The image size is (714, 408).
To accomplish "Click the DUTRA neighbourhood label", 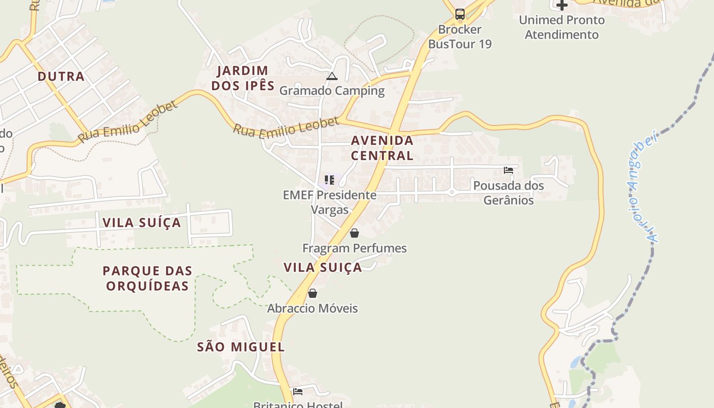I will (x=61, y=76).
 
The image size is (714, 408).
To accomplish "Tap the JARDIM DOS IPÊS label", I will (x=243, y=78).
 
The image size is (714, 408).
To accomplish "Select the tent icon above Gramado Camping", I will (x=332, y=76).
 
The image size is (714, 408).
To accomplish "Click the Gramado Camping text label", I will (x=332, y=91).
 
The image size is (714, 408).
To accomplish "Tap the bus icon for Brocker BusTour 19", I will (x=460, y=14).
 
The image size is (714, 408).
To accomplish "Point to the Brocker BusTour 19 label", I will (x=460, y=37).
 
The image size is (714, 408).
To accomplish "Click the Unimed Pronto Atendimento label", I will (x=562, y=28).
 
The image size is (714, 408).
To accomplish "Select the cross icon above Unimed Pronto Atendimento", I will (x=562, y=6).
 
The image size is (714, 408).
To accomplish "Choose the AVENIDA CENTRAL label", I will (x=382, y=148).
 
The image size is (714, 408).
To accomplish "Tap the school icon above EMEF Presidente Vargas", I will (x=330, y=180).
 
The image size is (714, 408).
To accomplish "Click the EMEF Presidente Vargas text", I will (x=330, y=202).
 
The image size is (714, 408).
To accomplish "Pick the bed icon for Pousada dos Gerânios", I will (x=508, y=170).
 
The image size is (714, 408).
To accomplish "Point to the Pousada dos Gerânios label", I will (x=508, y=193).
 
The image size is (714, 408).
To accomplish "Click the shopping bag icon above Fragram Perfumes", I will (x=354, y=233).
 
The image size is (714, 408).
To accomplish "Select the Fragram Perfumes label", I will (x=354, y=248).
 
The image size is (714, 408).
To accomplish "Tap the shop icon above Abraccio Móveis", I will (x=313, y=293).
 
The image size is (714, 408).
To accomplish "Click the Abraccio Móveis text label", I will (x=313, y=309).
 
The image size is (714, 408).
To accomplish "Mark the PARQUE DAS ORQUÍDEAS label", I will (x=147, y=278).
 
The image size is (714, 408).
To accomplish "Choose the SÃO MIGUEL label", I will (x=241, y=347).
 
